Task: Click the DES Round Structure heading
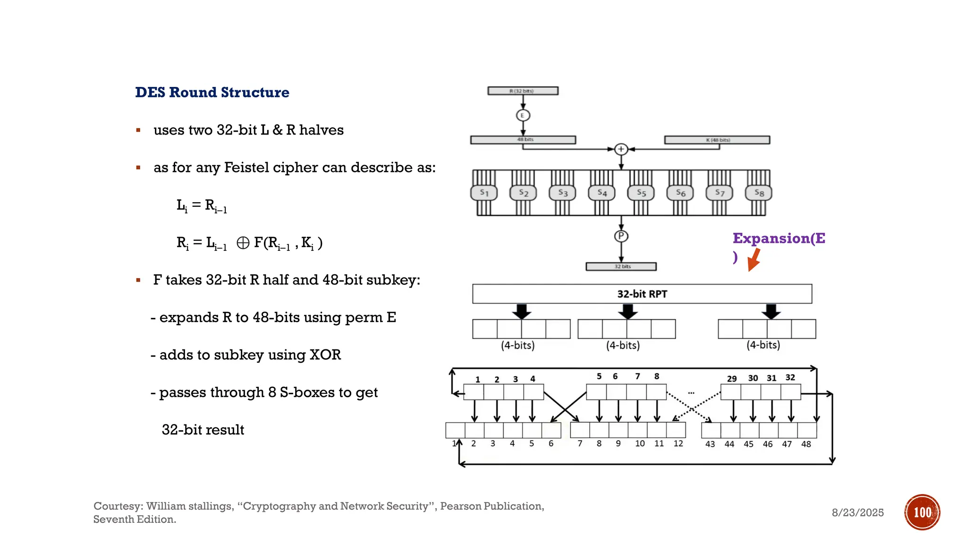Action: (212, 92)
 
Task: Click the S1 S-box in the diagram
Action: (484, 193)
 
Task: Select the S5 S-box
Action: (641, 193)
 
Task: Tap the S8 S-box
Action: (758, 193)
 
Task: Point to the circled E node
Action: (523, 115)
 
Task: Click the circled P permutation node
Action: (621, 236)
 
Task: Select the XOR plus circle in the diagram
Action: (621, 149)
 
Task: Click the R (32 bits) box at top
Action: (523, 91)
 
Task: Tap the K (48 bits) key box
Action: (717, 140)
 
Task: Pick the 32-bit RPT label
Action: (642, 294)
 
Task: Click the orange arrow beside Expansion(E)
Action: (754, 260)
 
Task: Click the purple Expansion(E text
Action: (779, 238)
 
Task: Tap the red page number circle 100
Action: (922, 512)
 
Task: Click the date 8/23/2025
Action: (857, 513)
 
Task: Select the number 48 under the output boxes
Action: (806, 444)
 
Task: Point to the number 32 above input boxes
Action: (790, 378)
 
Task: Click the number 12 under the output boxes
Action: (678, 444)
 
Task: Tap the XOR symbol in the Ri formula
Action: (243, 243)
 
